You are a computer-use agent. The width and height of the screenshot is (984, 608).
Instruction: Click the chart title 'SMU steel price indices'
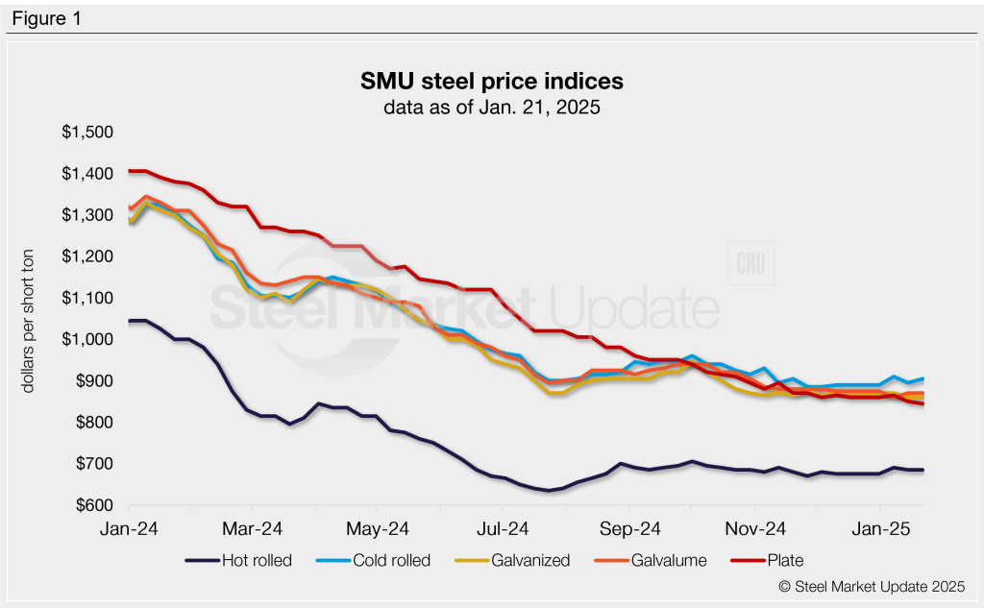[x=491, y=79]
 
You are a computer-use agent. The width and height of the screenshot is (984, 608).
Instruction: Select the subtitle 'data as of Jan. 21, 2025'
[x=491, y=108]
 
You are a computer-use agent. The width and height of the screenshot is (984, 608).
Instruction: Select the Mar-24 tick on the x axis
[x=252, y=527]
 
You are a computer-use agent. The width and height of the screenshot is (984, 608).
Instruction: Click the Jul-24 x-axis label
[x=504, y=527]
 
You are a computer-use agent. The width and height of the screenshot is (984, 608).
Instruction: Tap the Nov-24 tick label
[x=755, y=527]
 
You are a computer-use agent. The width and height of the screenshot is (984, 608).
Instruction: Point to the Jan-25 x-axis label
[x=881, y=527]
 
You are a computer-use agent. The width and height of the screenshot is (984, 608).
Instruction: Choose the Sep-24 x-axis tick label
[x=629, y=527]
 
